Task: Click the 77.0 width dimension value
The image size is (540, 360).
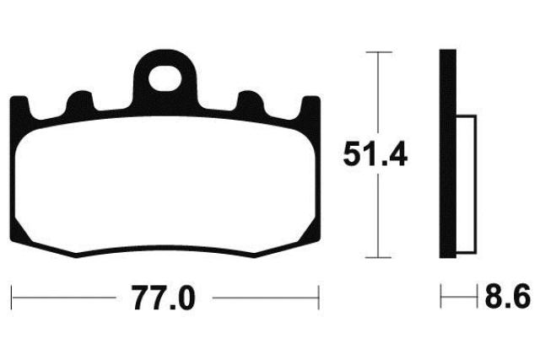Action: [164, 298]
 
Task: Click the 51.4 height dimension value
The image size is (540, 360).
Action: [375, 153]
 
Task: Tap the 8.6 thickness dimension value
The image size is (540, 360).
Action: [508, 296]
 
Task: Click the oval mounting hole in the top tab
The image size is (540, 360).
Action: [165, 79]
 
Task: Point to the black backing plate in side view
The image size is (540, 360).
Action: [448, 153]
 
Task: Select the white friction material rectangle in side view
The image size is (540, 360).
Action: [467, 185]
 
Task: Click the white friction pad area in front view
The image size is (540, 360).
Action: [165, 185]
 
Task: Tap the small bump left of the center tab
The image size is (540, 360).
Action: [80, 101]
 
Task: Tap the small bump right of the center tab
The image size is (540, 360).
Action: [251, 101]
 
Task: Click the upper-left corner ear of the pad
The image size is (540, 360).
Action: [19, 107]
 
